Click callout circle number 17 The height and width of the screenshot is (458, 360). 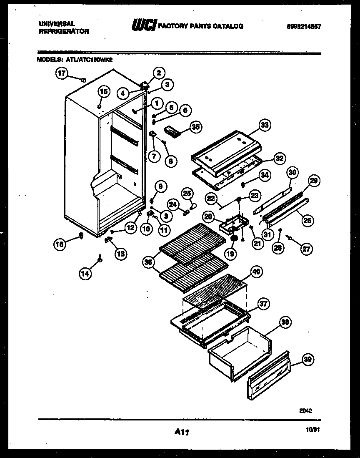tap(62, 74)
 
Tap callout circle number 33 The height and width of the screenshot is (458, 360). tap(265, 125)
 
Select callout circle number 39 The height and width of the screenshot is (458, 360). tap(309, 360)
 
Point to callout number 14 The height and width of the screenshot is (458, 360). tap(85, 273)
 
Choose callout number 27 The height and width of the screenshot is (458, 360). tap(306, 249)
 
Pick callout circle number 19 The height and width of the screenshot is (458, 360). tap(230, 253)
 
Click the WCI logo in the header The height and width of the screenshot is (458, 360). tap(144, 26)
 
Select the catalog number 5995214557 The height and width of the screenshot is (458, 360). tap(304, 26)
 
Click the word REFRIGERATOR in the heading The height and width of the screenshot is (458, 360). tap(64, 32)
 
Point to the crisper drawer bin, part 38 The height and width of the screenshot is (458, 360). tap(237, 350)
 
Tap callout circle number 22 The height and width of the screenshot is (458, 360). tap(212, 199)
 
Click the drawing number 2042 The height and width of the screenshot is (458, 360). tap(306, 410)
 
